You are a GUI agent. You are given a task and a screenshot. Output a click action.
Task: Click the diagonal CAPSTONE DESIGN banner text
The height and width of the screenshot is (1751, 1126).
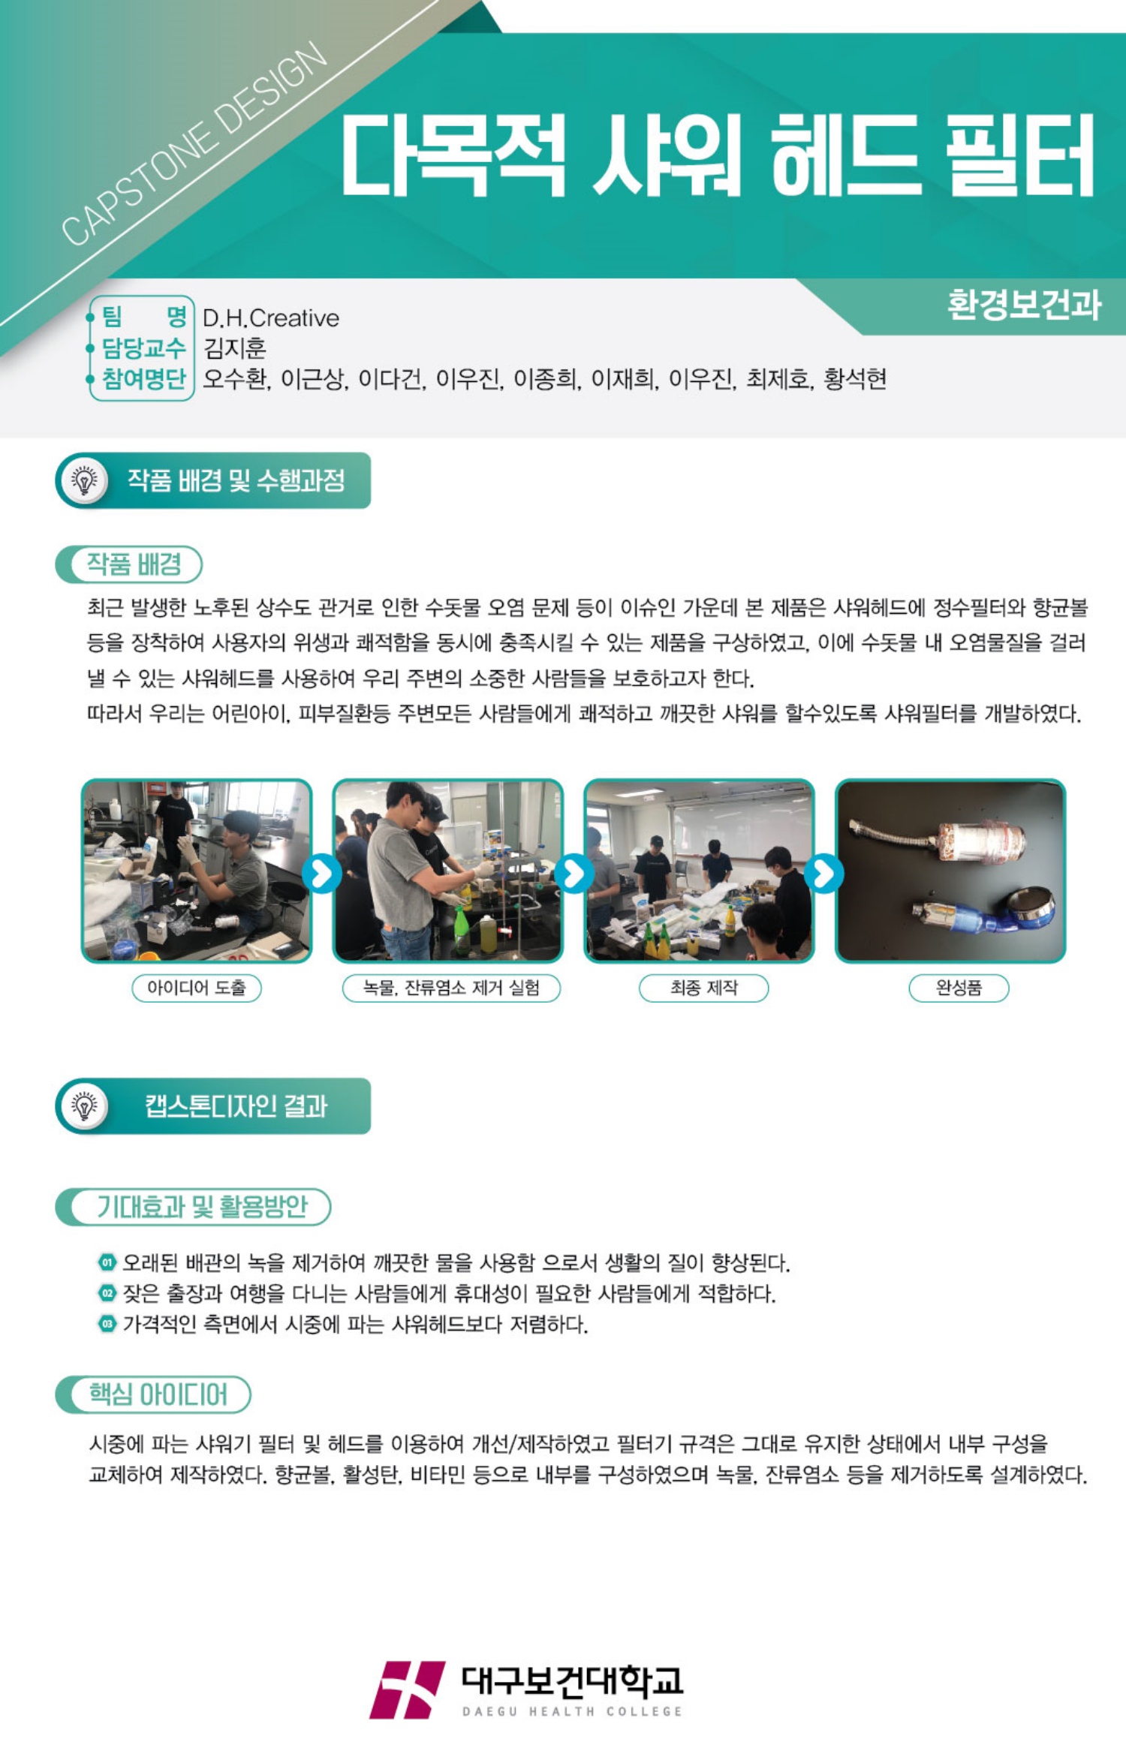point(194,144)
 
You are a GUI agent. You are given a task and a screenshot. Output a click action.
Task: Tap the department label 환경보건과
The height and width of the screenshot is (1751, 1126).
point(1024,305)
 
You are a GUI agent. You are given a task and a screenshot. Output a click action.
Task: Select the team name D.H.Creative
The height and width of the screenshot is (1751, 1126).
point(271,318)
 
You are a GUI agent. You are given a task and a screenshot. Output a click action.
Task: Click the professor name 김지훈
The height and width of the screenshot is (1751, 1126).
point(235,348)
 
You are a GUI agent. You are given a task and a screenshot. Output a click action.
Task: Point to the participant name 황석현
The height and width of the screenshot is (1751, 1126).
point(855,379)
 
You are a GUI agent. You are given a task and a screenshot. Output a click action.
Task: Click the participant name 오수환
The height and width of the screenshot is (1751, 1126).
point(234,379)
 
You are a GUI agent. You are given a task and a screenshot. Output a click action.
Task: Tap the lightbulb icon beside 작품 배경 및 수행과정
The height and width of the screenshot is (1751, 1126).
point(84,480)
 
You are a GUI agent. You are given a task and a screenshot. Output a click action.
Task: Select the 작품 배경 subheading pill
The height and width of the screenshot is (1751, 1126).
point(129,564)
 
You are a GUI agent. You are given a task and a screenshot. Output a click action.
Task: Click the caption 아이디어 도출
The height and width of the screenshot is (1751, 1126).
point(197,988)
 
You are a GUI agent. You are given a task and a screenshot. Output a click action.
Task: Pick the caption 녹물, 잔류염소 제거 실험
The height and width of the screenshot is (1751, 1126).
point(451,988)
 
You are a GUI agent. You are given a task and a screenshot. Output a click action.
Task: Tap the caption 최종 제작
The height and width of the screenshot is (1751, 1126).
point(703,988)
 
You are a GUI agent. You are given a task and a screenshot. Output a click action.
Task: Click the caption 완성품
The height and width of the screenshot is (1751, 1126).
point(959,988)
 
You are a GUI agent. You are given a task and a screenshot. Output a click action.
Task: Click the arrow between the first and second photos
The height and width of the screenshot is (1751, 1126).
point(322,874)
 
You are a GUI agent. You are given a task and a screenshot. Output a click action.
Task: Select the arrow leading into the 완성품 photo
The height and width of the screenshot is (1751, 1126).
point(824,874)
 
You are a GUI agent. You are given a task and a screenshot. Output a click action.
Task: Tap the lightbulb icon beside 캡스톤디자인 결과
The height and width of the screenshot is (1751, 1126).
point(84,1106)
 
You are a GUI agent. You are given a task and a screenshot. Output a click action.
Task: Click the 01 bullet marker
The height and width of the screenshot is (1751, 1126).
point(107,1262)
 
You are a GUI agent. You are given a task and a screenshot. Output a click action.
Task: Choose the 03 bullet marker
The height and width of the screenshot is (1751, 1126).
point(107,1324)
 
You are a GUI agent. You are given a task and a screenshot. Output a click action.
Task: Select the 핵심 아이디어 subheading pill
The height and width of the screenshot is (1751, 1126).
point(153,1394)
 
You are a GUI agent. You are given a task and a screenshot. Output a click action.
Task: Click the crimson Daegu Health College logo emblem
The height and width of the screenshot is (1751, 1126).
point(408,1690)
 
